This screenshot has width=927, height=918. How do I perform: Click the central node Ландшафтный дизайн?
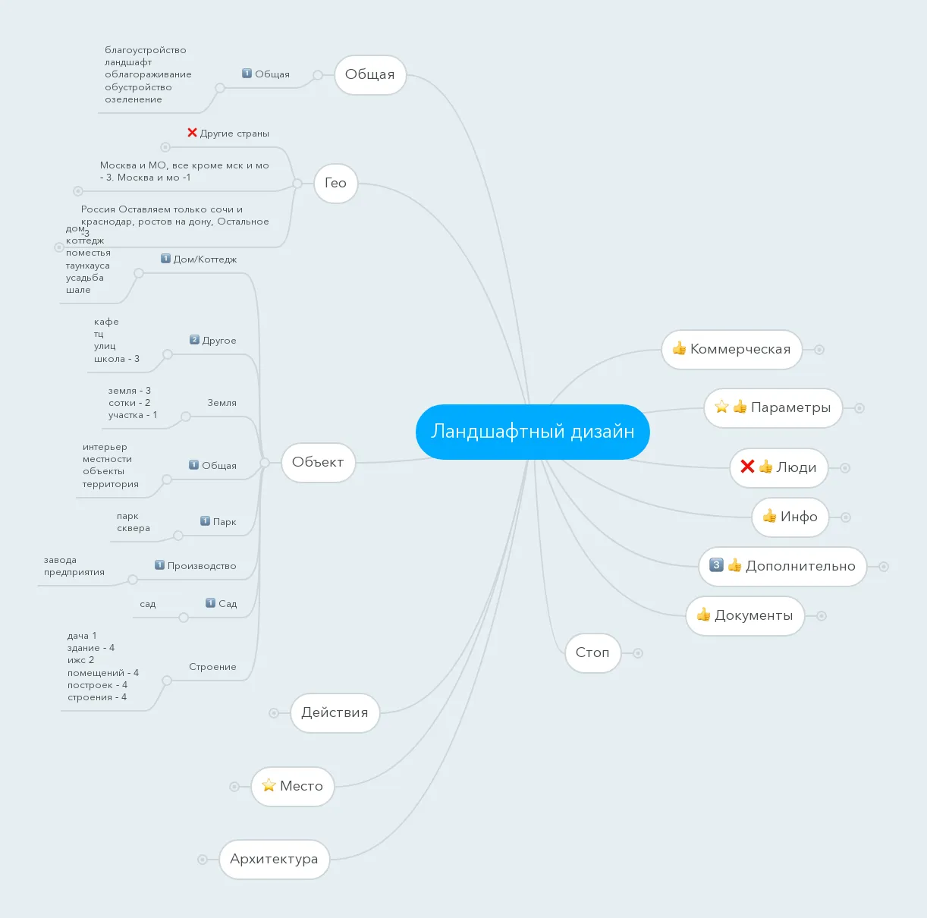pos(533,432)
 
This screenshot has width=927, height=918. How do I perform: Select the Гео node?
pos(336,184)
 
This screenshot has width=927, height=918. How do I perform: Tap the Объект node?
pos(318,462)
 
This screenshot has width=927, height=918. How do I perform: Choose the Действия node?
pos(335,712)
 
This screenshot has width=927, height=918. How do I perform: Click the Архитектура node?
pos(274,859)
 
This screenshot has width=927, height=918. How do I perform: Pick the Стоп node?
pos(592,653)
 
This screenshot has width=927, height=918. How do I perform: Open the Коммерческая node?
pos(732,349)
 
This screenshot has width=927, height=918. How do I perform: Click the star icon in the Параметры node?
pos(721,407)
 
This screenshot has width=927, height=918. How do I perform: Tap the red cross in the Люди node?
pos(747,467)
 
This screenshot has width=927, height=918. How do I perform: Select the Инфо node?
pos(790,517)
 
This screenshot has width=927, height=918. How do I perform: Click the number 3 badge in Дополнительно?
pos(716,565)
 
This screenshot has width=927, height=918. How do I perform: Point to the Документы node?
pos(745,616)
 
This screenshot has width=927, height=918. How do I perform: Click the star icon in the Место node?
pos(269,785)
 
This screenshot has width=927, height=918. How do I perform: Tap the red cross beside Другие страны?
pos(192,132)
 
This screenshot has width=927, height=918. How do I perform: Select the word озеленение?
pos(134,99)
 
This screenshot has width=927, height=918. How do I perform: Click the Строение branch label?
pos(212,667)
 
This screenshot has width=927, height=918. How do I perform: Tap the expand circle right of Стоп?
pos(638,653)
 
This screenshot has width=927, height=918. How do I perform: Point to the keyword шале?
pos(78,290)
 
